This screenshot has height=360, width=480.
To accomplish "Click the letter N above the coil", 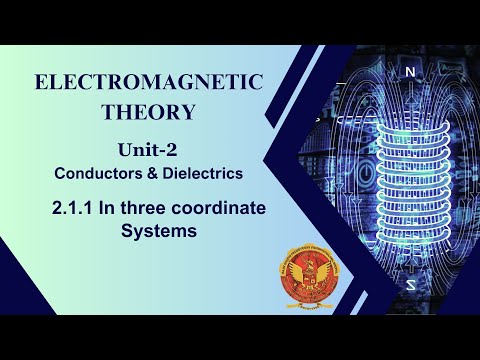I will tap(409, 72).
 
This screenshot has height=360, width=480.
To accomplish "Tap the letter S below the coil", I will tap(410, 284).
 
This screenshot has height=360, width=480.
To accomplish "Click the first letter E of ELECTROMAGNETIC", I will tap(42, 81).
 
